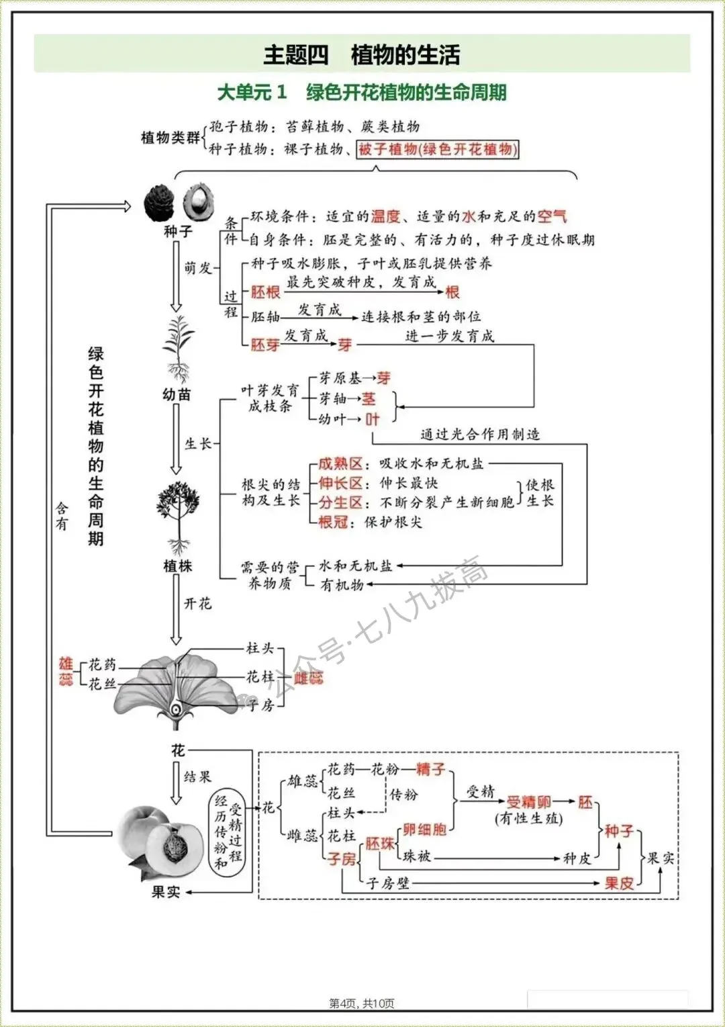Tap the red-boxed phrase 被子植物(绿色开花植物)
click(438, 149)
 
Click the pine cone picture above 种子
click(159, 203)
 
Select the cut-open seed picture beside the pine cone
click(199, 202)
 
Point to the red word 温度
click(385, 216)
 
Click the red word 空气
click(552, 216)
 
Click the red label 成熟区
click(340, 463)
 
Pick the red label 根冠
click(334, 522)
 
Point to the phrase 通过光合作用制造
click(480, 435)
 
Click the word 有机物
click(342, 585)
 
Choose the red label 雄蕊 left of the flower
click(66, 672)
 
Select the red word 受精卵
click(528, 802)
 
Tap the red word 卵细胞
click(424, 830)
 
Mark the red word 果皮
click(618, 883)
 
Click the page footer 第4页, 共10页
click(362, 1003)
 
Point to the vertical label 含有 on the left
click(62, 516)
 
